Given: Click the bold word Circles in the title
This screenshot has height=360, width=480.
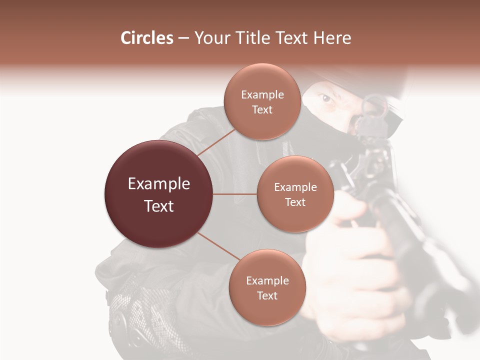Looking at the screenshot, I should [147, 38].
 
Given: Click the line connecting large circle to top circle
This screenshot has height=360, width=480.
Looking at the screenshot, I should [216, 141].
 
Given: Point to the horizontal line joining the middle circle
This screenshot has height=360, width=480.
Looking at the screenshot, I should [235, 194].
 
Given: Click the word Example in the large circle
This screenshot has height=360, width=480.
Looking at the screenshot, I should [159, 184].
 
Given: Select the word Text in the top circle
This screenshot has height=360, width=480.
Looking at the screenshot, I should [262, 109].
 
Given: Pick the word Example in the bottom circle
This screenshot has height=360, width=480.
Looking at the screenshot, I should [267, 280].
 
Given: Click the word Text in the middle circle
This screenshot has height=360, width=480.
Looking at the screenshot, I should [295, 202].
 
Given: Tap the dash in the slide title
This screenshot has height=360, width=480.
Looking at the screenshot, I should [183, 38].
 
